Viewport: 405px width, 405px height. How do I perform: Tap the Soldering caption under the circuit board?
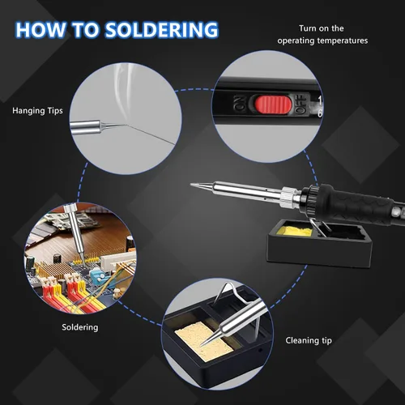pos(80,327)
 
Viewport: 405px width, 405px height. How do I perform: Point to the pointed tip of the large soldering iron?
pos(193,185)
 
